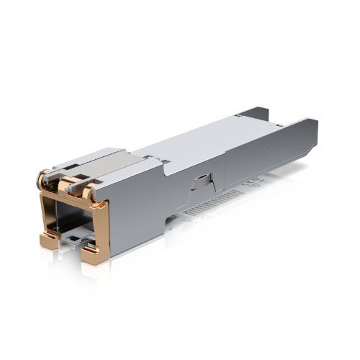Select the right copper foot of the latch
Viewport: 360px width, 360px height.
(93, 253)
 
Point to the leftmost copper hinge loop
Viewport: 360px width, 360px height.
(44, 176)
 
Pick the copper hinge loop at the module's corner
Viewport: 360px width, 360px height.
(89, 193)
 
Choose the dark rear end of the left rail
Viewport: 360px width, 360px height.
(256, 114)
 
